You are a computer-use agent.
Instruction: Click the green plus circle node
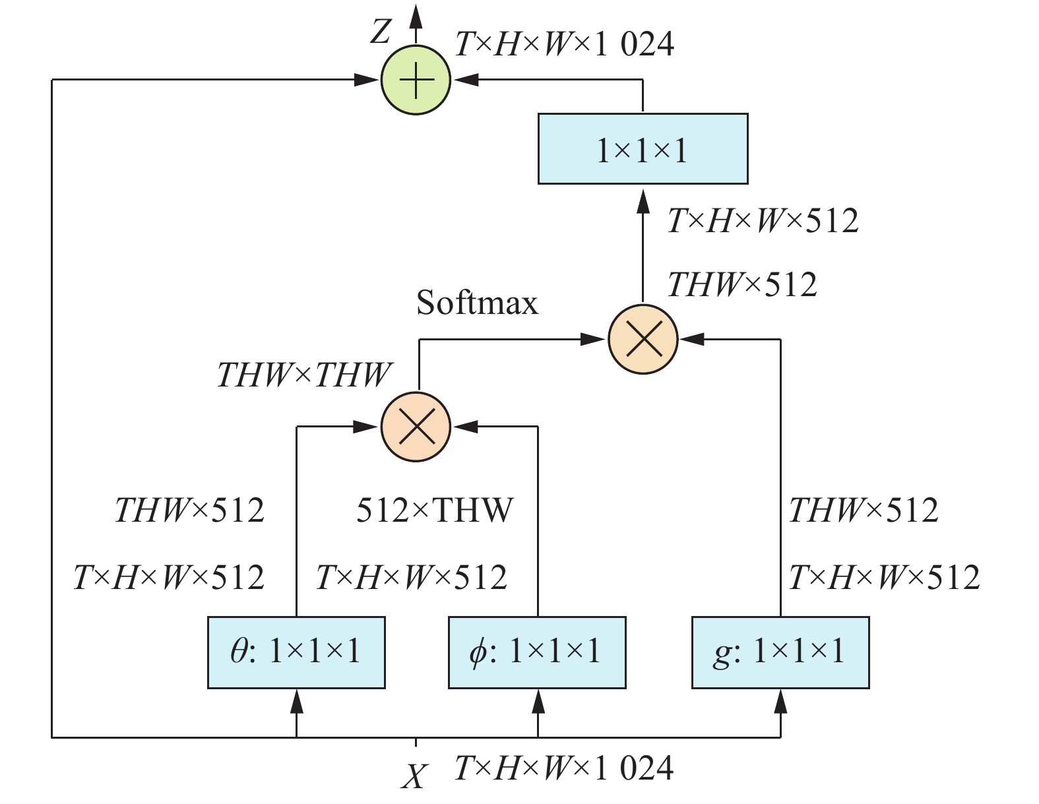[416, 80]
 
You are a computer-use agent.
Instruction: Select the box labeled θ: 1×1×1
[296, 652]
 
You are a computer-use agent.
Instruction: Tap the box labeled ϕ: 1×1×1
[537, 652]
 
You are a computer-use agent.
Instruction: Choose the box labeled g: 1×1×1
[780, 652]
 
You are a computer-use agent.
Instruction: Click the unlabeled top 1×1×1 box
[643, 149]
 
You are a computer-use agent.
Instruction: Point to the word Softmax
[477, 303]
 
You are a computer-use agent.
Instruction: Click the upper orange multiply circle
[643, 340]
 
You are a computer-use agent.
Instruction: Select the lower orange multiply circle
[416, 427]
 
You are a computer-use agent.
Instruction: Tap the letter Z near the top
[381, 31]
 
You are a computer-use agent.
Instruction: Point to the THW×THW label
[304, 375]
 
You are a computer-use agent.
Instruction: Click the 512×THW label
[435, 510]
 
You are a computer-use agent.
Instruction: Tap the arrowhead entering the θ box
[296, 700]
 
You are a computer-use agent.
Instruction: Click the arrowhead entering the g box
[780, 700]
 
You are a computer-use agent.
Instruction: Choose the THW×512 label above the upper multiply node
[742, 285]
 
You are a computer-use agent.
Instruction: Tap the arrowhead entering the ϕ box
[538, 700]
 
